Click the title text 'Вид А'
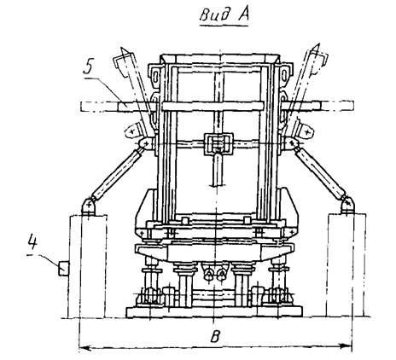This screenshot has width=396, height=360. [x=224, y=15]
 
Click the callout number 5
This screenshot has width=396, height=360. [x=89, y=67]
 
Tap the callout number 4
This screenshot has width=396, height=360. [x=32, y=241]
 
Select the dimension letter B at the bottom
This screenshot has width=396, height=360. [x=215, y=336]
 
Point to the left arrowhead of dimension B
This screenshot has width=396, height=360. [x=84, y=347]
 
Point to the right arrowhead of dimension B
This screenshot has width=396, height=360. [x=346, y=346]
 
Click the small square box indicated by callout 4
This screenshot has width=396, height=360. [x=64, y=269]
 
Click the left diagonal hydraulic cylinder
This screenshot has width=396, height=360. [x=116, y=172]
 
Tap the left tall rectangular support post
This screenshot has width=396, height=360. [x=88, y=266]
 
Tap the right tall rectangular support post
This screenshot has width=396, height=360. [x=346, y=265]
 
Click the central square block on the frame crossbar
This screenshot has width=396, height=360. [x=218, y=143]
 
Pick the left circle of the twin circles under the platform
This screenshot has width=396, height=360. [x=209, y=275]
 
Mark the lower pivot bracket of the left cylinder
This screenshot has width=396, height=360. [x=89, y=206]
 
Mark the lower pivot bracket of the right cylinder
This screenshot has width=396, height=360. [x=347, y=206]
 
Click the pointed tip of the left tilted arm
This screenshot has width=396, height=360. [x=122, y=48]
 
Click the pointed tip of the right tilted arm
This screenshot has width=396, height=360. [x=318, y=45]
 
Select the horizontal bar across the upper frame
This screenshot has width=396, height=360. [x=213, y=106]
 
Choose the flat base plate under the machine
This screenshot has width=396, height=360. [x=214, y=312]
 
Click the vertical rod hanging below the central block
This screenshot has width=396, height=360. [x=218, y=169]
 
